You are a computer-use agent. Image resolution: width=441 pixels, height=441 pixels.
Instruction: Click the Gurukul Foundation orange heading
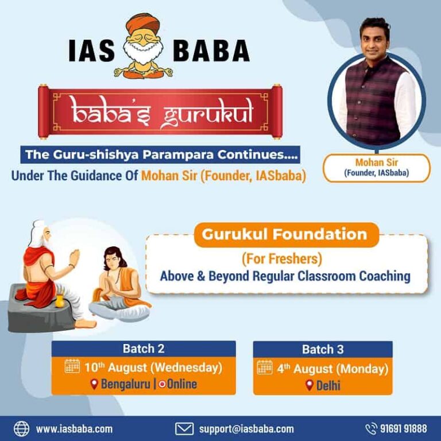point(285,234)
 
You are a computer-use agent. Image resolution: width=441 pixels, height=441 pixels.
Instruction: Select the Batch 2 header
point(143,349)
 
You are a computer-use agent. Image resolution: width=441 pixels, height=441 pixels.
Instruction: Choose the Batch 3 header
point(323,349)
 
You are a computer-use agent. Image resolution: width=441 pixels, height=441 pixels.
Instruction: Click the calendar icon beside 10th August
point(72,367)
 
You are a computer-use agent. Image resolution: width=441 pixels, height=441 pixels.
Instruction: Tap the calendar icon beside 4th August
point(265,367)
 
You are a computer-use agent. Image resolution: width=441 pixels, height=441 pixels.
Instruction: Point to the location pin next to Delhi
point(310,385)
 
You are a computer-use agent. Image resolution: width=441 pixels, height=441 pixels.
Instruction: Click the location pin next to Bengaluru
point(95,384)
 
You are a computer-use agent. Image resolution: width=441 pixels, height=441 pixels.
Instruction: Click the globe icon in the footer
point(21,428)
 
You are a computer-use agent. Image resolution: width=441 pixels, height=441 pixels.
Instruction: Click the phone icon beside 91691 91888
point(371,428)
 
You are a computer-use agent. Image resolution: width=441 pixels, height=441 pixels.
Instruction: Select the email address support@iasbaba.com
point(246,429)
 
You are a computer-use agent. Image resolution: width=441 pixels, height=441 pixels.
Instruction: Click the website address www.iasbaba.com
point(74,429)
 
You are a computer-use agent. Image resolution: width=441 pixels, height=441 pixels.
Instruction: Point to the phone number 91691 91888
point(404,429)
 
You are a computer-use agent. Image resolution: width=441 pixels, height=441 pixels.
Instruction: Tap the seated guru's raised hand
point(74,257)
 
